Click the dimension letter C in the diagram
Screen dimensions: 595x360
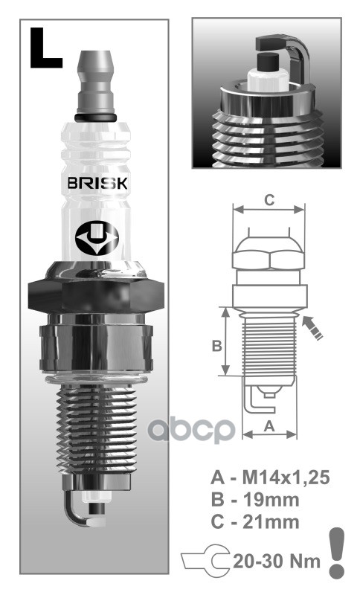click(270, 200)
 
